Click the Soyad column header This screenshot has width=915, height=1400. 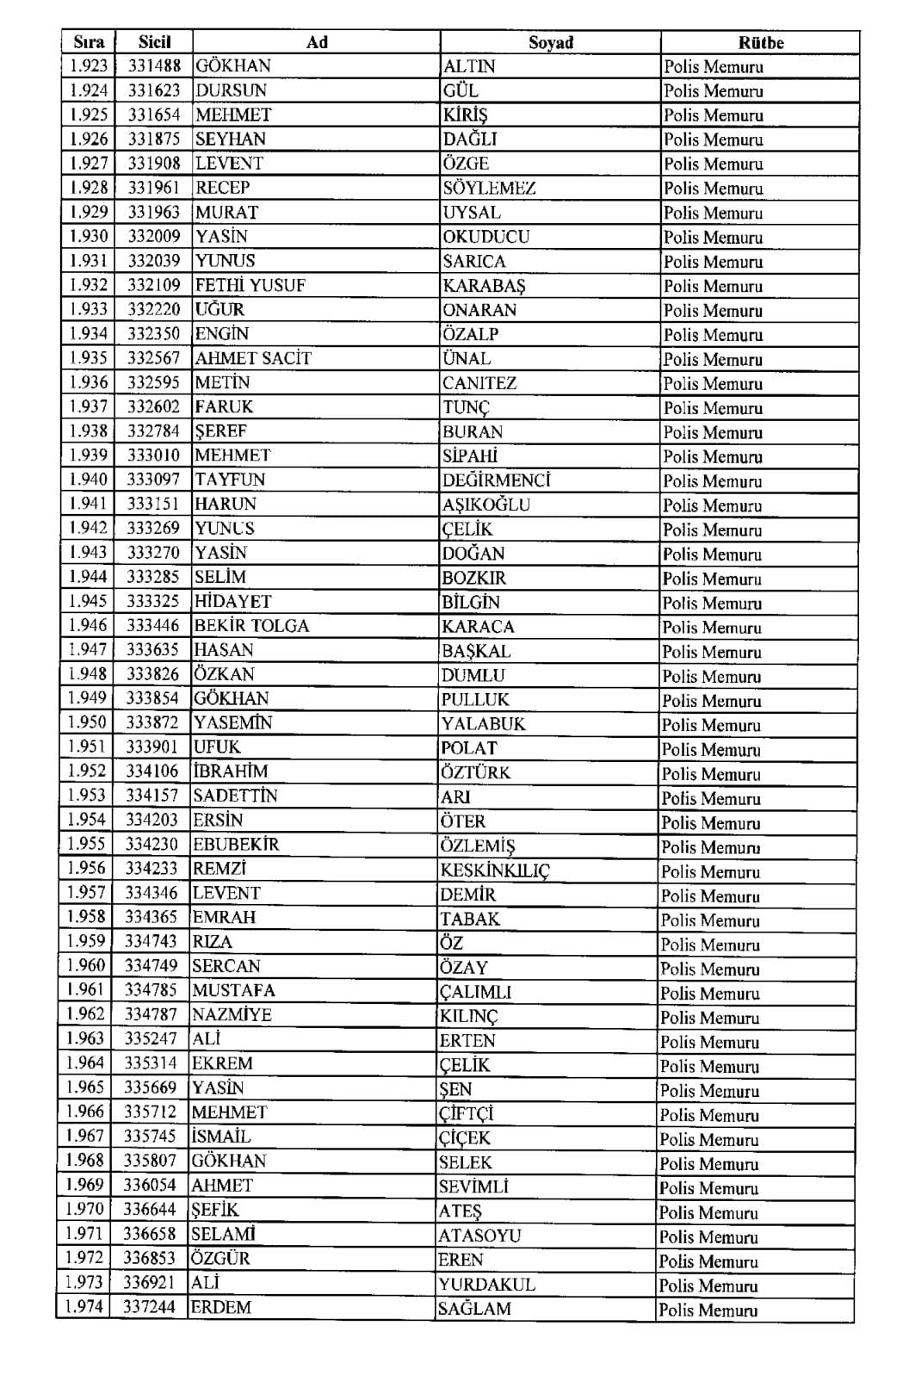click(x=550, y=42)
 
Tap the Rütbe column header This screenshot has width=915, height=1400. click(x=760, y=43)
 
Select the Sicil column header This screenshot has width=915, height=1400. click(x=154, y=41)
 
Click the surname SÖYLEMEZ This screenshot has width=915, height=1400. click(x=489, y=188)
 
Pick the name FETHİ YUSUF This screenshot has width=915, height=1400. click(x=250, y=285)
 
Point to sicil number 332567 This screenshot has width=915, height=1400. click(x=154, y=358)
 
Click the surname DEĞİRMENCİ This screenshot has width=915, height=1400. click(x=496, y=480)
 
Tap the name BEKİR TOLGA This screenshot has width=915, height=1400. click(x=250, y=626)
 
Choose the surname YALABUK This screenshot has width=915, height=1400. click(x=483, y=724)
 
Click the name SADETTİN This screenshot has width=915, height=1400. click(x=235, y=796)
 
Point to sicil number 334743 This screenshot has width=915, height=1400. click(x=151, y=941)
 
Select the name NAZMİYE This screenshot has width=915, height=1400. click(x=232, y=1014)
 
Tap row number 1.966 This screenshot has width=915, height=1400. click(x=84, y=1112)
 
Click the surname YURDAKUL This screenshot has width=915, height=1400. click(x=486, y=1285)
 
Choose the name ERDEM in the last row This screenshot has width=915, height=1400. click(x=221, y=1307)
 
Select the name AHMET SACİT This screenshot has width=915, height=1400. click(x=252, y=358)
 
